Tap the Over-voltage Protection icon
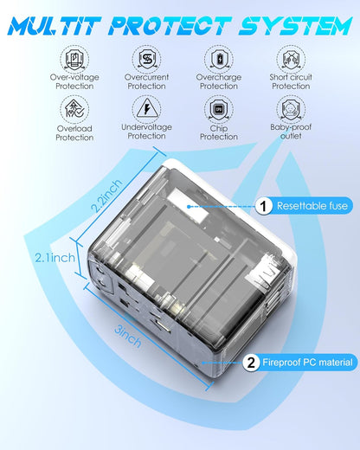point(75,58)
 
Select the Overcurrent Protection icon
point(147,58)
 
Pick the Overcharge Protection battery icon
point(219,58)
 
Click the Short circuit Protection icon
point(291,58)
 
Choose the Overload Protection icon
point(75,108)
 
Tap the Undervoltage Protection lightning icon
point(147,108)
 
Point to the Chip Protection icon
point(219,108)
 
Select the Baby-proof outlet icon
point(291,108)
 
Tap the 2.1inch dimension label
point(60,256)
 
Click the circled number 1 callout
point(260,206)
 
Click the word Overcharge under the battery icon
point(219,76)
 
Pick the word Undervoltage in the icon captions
point(147,126)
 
